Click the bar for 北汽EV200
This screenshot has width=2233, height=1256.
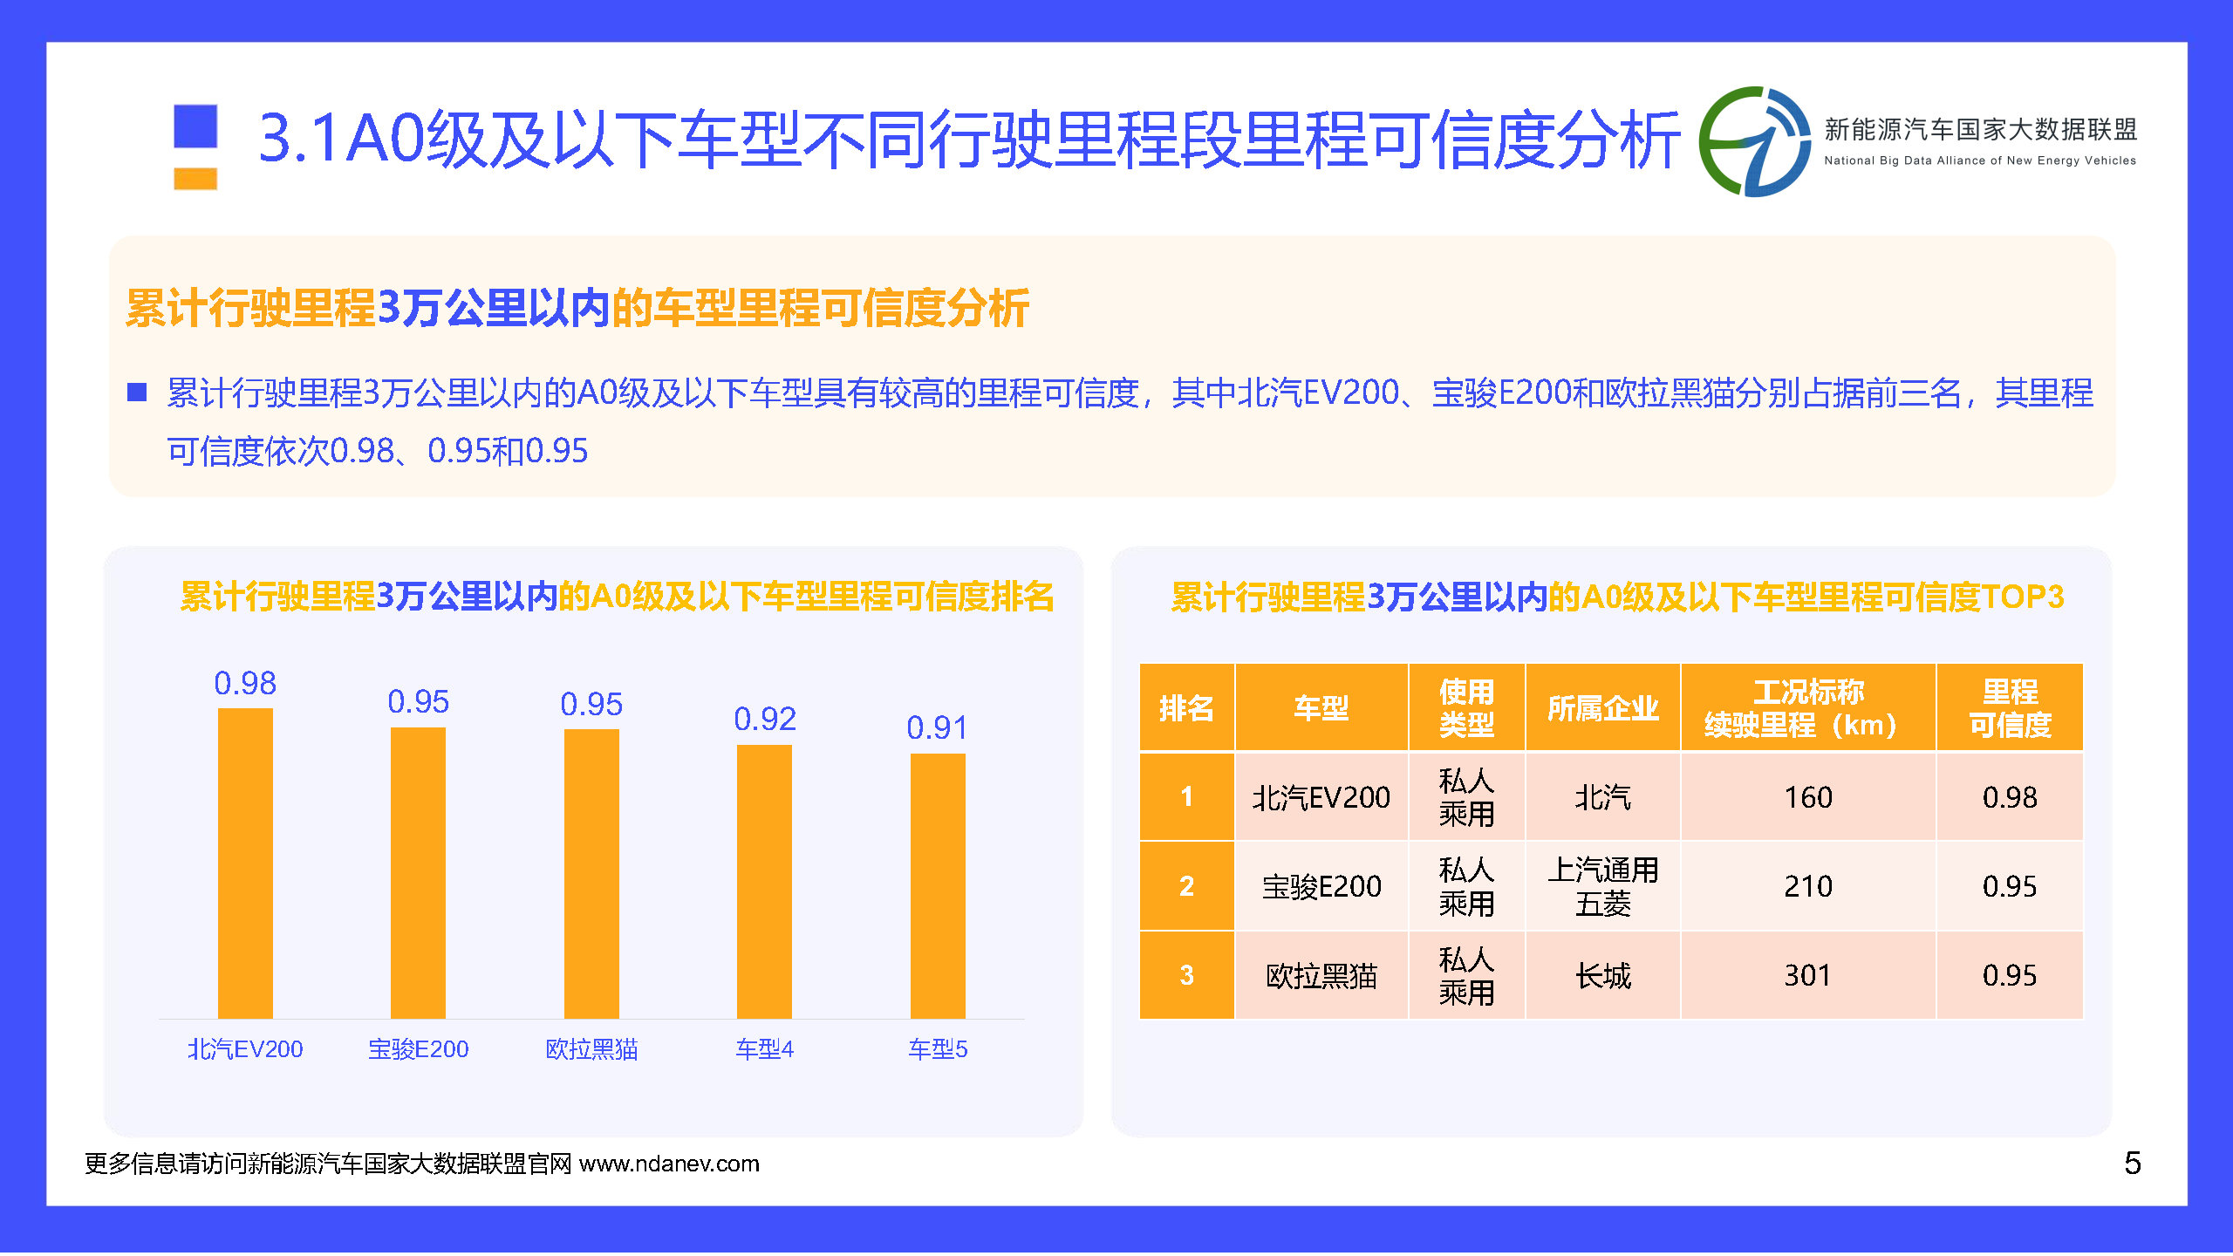tap(245, 863)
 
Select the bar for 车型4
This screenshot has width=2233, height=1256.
tap(764, 881)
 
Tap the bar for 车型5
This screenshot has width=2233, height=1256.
tap(938, 885)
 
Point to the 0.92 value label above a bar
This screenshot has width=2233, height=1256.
tap(765, 720)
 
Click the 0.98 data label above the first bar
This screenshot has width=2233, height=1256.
tap(245, 683)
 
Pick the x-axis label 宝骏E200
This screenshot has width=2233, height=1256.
tap(419, 1048)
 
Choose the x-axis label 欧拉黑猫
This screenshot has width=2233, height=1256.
tap(591, 1048)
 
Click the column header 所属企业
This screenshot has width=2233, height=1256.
tap(1602, 707)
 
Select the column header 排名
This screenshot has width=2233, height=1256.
tap(1186, 707)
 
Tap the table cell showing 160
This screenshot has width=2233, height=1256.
tap(1808, 797)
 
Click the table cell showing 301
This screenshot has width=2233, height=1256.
tap(1808, 975)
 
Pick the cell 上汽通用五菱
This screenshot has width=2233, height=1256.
tap(1603, 886)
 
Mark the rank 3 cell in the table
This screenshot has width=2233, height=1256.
tap(1186, 975)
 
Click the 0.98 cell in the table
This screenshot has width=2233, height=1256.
tap(2010, 797)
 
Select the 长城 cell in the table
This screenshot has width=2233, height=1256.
tap(1603, 975)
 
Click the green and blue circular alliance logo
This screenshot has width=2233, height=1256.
tap(1754, 142)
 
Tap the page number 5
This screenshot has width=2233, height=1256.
tap(2132, 1164)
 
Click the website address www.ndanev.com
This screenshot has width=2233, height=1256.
tap(669, 1164)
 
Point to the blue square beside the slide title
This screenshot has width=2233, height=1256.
tap(195, 126)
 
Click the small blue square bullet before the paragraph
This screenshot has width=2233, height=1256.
tap(137, 392)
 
